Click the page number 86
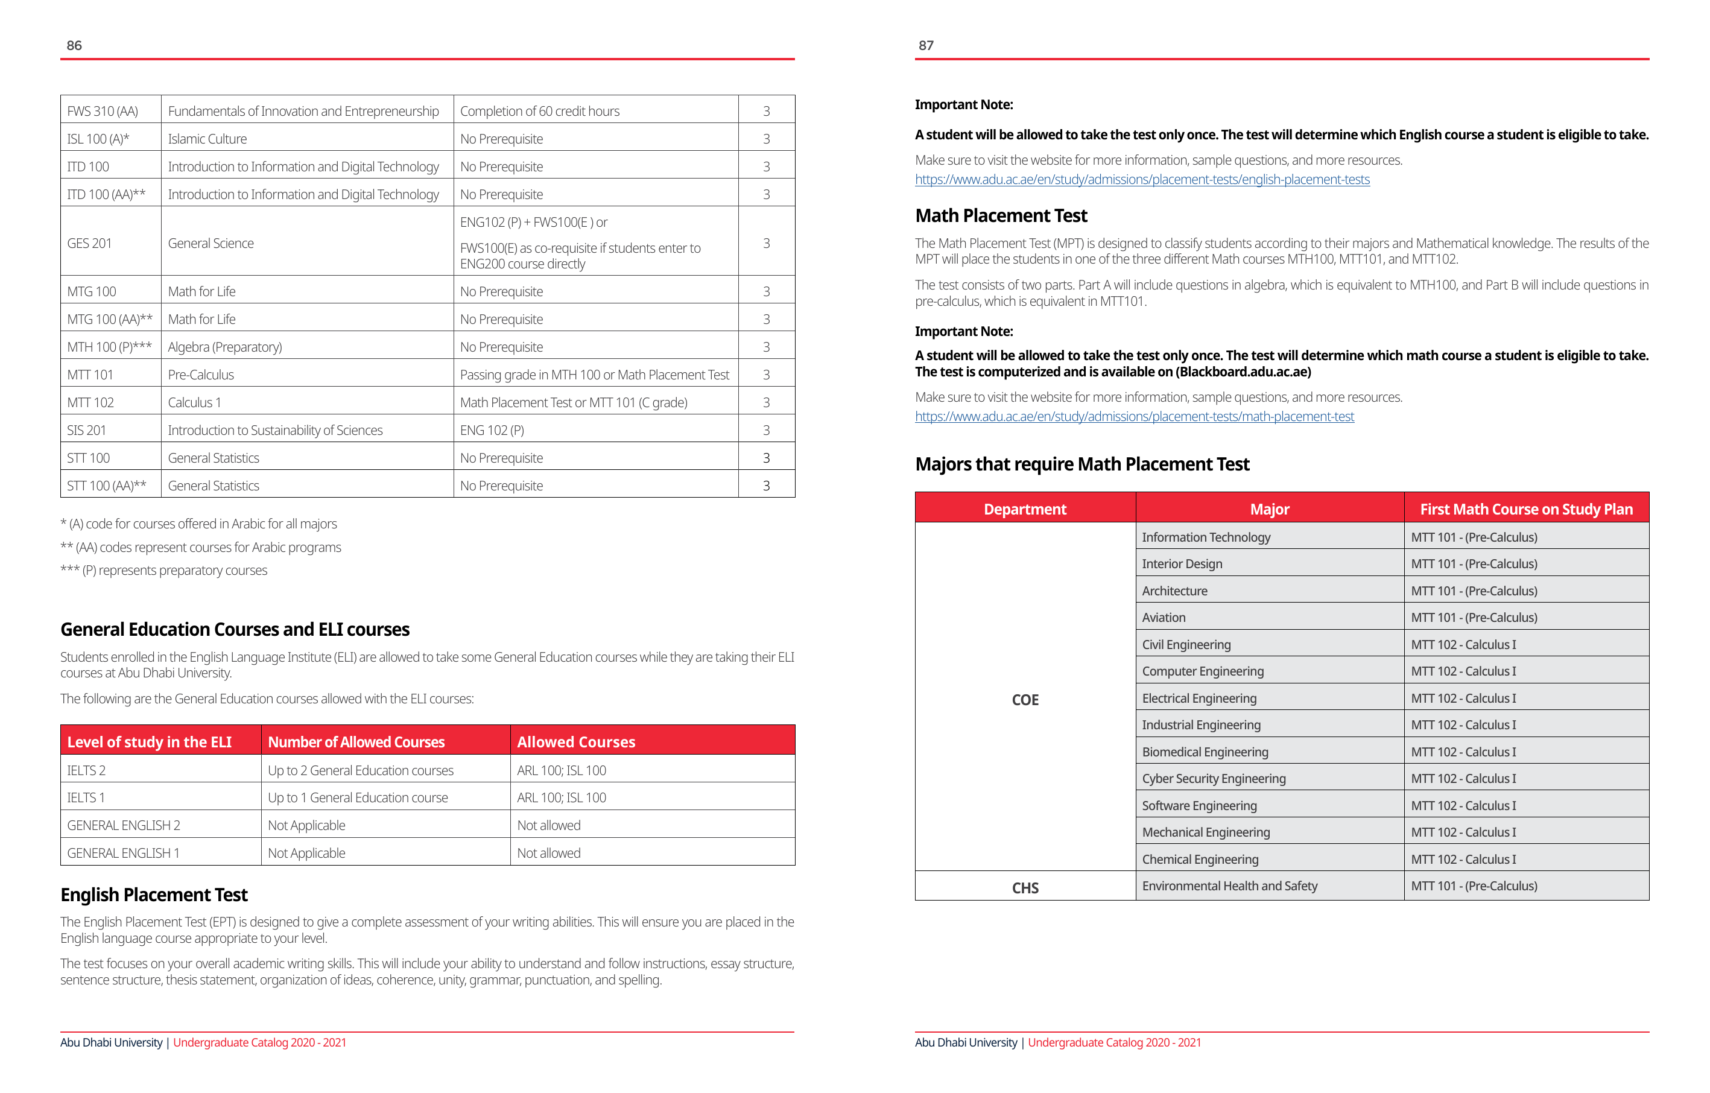[x=74, y=45]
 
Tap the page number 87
[x=925, y=45]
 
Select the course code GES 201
[x=89, y=243]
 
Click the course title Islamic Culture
[x=207, y=139]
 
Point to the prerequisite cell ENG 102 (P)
[x=492, y=430]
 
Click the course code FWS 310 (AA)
[x=103, y=112]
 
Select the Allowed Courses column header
[x=576, y=742]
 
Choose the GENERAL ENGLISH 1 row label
[x=123, y=853]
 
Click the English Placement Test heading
[x=154, y=895]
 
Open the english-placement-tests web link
[x=1142, y=180]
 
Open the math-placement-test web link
[x=1134, y=417]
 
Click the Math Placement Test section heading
[x=1001, y=216]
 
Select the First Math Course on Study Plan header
[x=1526, y=509]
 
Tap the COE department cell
[x=1025, y=700]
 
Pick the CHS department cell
[x=1025, y=889]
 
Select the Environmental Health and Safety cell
[x=1229, y=886]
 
